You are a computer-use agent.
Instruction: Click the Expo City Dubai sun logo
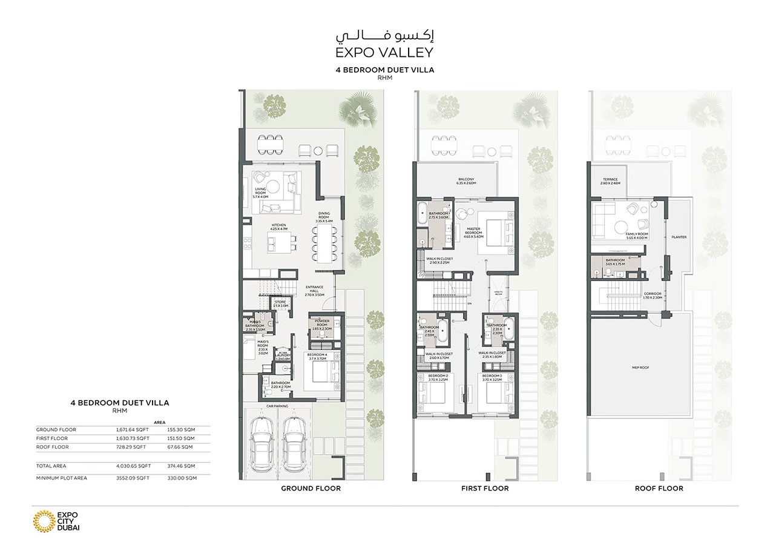[x=44, y=520]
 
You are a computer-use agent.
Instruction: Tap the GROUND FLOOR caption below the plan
[x=311, y=488]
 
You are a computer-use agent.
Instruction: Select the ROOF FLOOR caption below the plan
[x=659, y=488]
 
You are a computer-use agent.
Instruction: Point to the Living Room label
[x=261, y=193]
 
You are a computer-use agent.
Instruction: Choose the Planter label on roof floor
[x=679, y=237]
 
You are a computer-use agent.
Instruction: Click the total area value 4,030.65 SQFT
[x=133, y=466]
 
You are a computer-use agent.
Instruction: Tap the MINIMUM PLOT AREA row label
[x=61, y=478]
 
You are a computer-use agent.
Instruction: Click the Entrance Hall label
[x=315, y=290]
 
